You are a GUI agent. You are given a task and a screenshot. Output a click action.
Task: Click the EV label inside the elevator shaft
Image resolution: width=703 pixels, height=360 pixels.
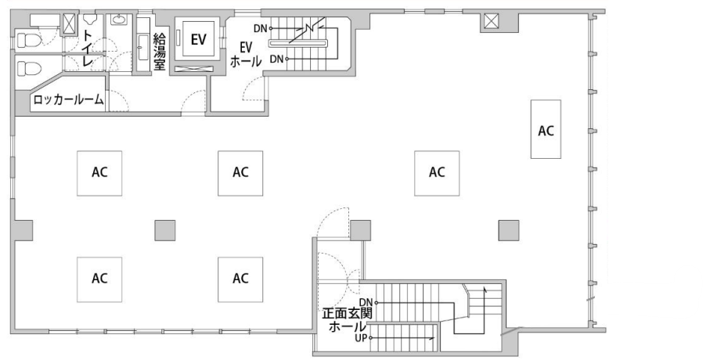pos(198,39)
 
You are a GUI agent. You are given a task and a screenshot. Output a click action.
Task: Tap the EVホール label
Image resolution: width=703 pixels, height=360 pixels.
pos(246,54)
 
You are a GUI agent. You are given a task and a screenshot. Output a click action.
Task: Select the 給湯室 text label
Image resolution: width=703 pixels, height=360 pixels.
pos(160,52)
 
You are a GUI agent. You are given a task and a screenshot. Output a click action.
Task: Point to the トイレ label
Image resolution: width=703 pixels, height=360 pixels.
pos(87,49)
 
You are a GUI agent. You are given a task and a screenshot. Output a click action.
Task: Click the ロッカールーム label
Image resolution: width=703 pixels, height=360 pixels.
pos(69,99)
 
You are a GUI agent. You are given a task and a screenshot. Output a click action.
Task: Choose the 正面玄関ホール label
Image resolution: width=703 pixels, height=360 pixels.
pos(348,319)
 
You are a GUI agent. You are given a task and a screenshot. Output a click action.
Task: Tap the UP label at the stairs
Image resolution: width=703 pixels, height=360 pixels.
pos(361,339)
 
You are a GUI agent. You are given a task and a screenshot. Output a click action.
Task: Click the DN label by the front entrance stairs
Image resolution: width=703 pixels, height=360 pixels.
pos(366,303)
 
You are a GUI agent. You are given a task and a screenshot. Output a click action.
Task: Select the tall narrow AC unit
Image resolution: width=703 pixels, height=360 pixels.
pos(546,129)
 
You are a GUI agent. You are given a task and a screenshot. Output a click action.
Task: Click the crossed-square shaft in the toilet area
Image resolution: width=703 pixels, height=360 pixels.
pos(69,23)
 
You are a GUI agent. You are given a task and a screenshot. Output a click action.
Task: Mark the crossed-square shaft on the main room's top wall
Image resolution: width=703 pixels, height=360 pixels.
pos(491,20)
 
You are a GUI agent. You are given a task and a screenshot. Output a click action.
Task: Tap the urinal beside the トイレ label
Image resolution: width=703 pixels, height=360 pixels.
pos(90,19)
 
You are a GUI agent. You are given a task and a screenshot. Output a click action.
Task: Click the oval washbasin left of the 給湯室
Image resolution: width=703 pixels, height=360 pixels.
pos(119,20)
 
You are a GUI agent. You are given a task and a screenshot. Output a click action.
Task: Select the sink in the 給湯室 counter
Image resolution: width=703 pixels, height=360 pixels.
pos(143,48)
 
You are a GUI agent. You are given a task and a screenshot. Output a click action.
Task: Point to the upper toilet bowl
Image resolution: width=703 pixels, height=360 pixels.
pos(28,41)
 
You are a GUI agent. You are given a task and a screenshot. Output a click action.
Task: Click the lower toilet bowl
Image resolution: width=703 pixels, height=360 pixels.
pos(29,69)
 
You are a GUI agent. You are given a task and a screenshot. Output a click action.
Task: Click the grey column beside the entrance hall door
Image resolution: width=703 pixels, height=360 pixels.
pos(360,230)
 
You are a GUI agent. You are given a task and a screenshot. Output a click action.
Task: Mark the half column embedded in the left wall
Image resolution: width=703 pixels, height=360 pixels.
pos(23,230)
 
